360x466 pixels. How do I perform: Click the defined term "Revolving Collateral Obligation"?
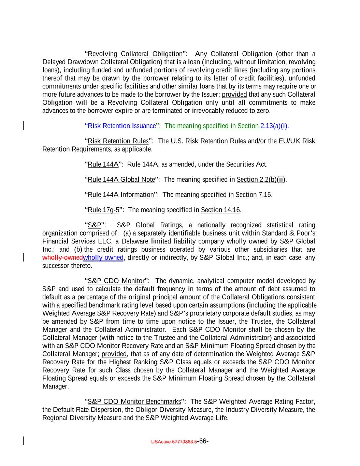click(135, 54)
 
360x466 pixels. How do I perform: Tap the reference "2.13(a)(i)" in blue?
click(274, 126)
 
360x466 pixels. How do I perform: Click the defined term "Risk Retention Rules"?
click(118, 141)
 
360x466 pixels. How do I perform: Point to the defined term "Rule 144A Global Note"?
click(121, 180)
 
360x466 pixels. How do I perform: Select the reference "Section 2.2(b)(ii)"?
click(261, 180)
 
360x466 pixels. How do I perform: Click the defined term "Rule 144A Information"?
click(121, 195)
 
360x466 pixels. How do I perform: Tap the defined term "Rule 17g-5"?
click(103, 210)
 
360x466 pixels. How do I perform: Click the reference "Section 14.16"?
click(220, 210)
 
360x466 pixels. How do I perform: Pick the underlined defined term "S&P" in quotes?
click(95, 225)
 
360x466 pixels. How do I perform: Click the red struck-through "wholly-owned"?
click(62, 258)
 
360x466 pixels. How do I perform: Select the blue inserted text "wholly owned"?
click(103, 258)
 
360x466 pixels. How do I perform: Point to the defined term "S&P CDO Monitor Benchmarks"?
click(134, 401)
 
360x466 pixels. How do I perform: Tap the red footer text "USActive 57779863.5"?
click(174, 442)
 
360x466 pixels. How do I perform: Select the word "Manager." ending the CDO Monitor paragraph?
click(56, 386)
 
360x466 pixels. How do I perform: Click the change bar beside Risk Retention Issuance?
click(23, 126)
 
